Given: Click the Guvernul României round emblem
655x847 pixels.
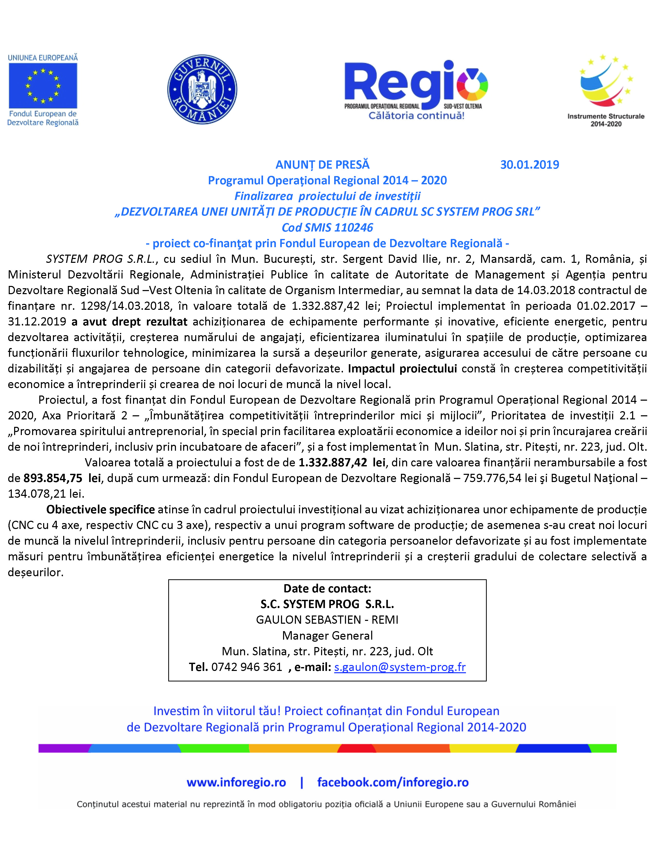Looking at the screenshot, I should pos(202,89).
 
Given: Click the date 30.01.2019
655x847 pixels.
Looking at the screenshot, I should pos(529,165).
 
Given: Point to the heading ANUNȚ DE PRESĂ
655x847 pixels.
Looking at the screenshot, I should pos(322,165).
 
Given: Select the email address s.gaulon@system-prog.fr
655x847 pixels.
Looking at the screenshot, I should pos(400,667).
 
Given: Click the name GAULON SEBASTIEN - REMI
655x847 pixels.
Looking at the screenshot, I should pos(327,620).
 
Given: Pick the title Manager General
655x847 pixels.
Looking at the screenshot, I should pos(327,636).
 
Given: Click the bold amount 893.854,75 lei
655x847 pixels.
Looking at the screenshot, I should pos(62,478).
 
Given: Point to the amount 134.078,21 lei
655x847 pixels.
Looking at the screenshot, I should pos(46,494).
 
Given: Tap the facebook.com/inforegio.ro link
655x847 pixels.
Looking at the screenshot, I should pos(393,782).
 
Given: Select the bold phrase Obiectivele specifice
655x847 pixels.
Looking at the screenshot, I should pos(100,509).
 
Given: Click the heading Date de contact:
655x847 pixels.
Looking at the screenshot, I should pos(327,588).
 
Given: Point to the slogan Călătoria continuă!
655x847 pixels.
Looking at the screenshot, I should pos(416,115).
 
